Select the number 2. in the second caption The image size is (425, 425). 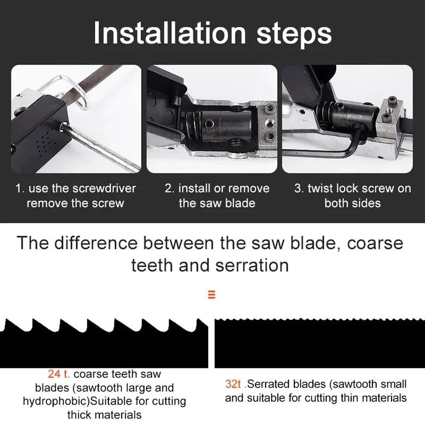(x=170, y=189)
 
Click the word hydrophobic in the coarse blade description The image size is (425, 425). (x=50, y=401)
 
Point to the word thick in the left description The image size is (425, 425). (x=80, y=414)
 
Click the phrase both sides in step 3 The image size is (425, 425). (x=352, y=203)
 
